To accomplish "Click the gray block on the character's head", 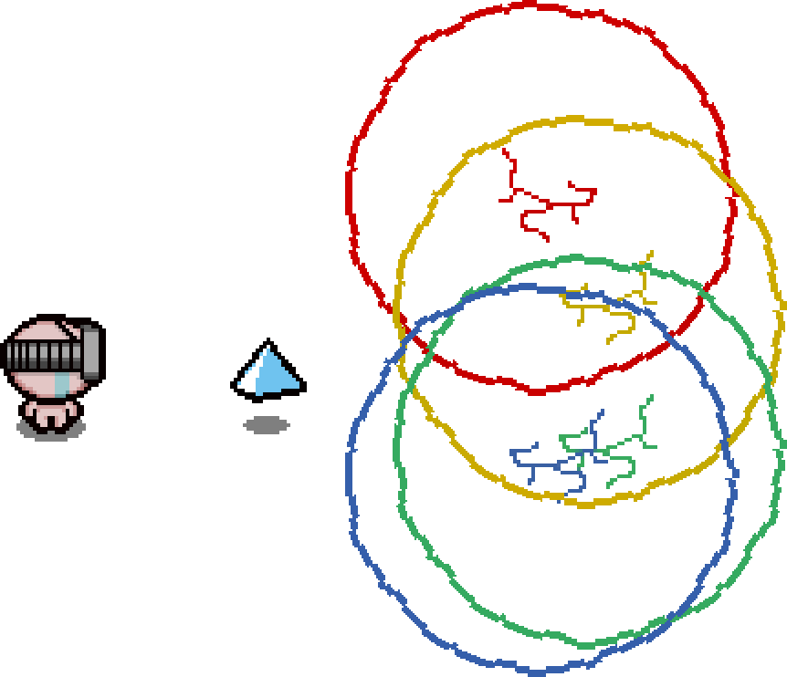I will (89, 351).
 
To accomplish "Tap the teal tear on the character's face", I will (61, 383).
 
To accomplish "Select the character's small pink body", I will (51, 412).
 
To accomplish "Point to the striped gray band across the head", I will (46, 355).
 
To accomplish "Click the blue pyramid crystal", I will (268, 372).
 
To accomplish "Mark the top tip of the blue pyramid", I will (268, 348).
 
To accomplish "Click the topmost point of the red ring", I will (539, 5).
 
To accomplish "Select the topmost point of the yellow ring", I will (575, 120).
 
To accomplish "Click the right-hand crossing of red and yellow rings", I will (729, 182).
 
